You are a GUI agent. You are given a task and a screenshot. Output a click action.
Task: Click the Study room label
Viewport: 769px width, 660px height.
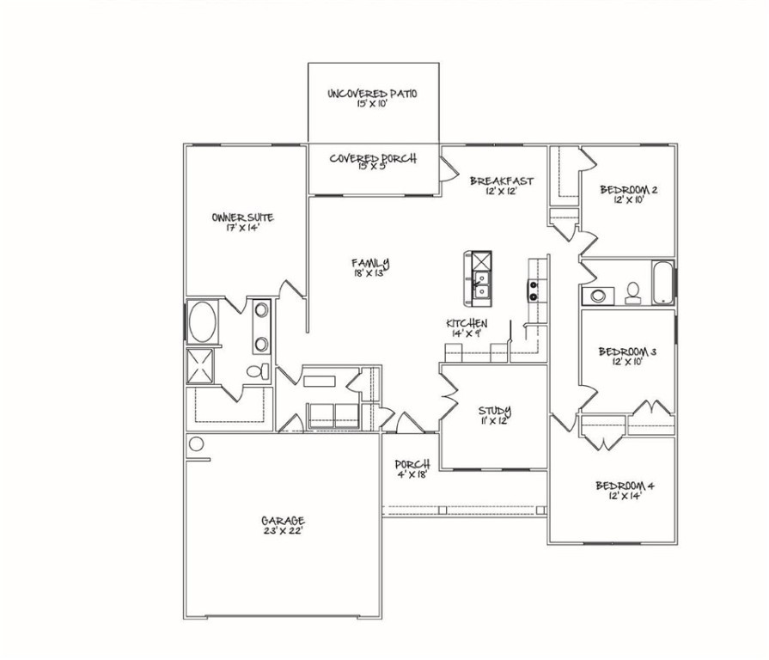point(495,415)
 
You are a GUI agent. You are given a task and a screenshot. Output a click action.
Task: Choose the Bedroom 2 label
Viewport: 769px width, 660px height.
point(628,194)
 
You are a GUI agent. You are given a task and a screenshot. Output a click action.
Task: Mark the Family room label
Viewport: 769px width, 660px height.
point(370,267)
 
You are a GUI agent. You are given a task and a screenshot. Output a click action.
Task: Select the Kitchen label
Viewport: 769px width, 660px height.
point(467,327)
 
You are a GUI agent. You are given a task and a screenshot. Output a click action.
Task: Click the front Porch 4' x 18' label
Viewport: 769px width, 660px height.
point(412,469)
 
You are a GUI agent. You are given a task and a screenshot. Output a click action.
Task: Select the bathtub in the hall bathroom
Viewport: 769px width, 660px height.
point(662,283)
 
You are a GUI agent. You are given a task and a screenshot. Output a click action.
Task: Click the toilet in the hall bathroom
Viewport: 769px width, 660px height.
point(633,293)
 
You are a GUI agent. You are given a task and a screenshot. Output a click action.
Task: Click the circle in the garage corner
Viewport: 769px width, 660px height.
point(196,444)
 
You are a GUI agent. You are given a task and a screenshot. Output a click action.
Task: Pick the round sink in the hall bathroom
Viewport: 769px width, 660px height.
point(597,296)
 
